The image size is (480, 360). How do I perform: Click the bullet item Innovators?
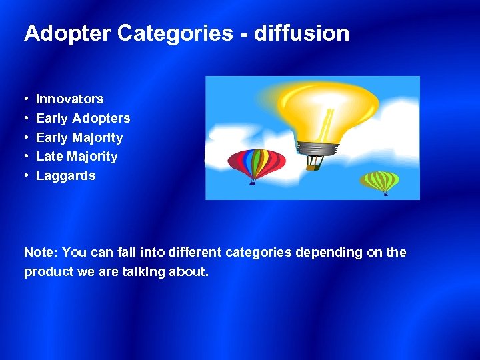(x=69, y=99)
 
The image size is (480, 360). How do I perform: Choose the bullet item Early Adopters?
(x=83, y=119)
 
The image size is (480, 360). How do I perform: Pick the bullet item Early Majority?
(x=79, y=138)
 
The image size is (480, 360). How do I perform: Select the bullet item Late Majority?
(x=76, y=157)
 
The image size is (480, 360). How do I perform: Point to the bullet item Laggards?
(x=65, y=176)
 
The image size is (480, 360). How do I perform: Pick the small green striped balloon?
(x=380, y=181)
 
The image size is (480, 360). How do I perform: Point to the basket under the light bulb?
(x=313, y=164)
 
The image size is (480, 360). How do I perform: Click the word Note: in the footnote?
(x=41, y=253)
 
